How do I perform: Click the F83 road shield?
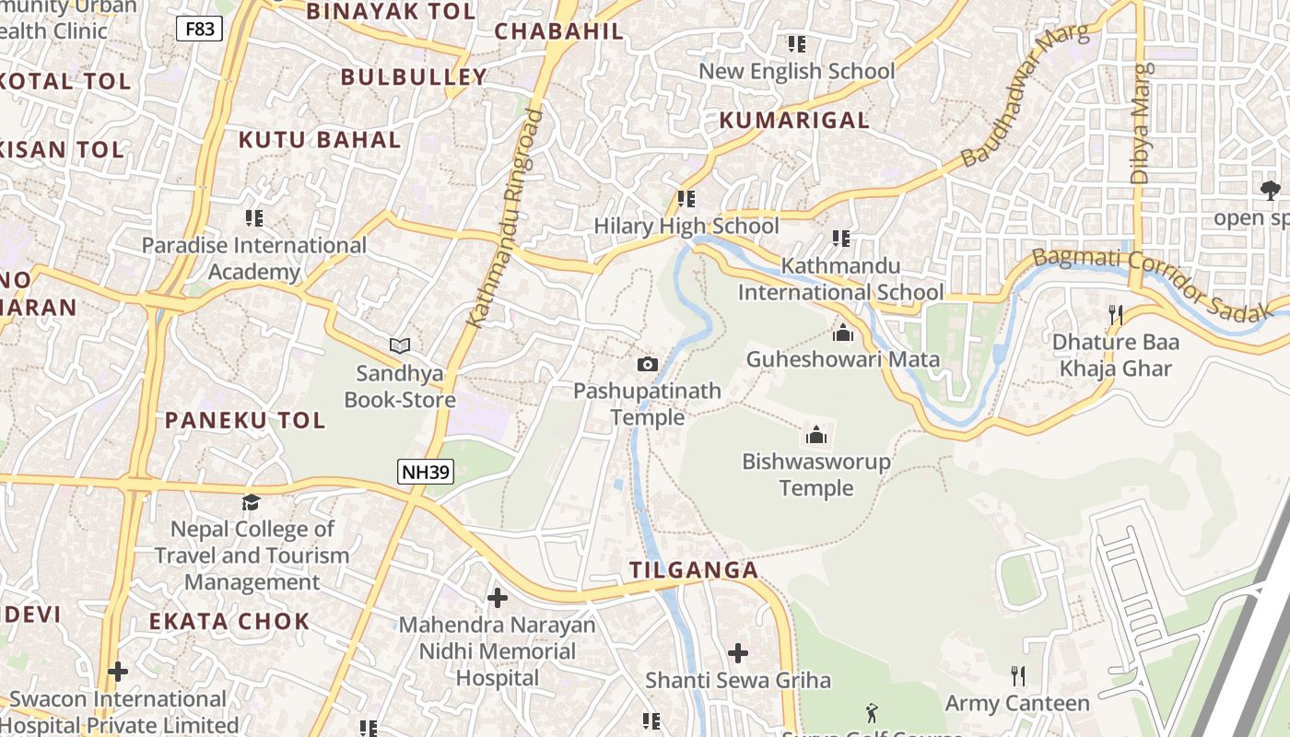[200, 29]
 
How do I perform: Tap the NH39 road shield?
[426, 473]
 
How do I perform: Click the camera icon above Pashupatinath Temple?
[648, 364]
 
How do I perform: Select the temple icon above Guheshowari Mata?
[842, 333]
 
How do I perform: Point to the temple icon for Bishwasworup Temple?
[815, 435]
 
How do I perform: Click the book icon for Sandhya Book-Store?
[399, 345]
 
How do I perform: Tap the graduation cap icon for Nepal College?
[251, 502]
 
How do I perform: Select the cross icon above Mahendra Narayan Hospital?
[498, 598]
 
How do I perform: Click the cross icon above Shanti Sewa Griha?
[737, 653]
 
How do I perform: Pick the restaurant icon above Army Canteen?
[1017, 676]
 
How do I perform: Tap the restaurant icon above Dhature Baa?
[1115, 315]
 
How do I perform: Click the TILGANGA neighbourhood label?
[694, 570]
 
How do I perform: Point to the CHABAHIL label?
[558, 31]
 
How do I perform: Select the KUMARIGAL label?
[793, 120]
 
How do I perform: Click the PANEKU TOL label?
[245, 421]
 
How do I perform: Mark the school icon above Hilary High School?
[686, 198]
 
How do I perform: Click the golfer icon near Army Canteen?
[872, 712]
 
